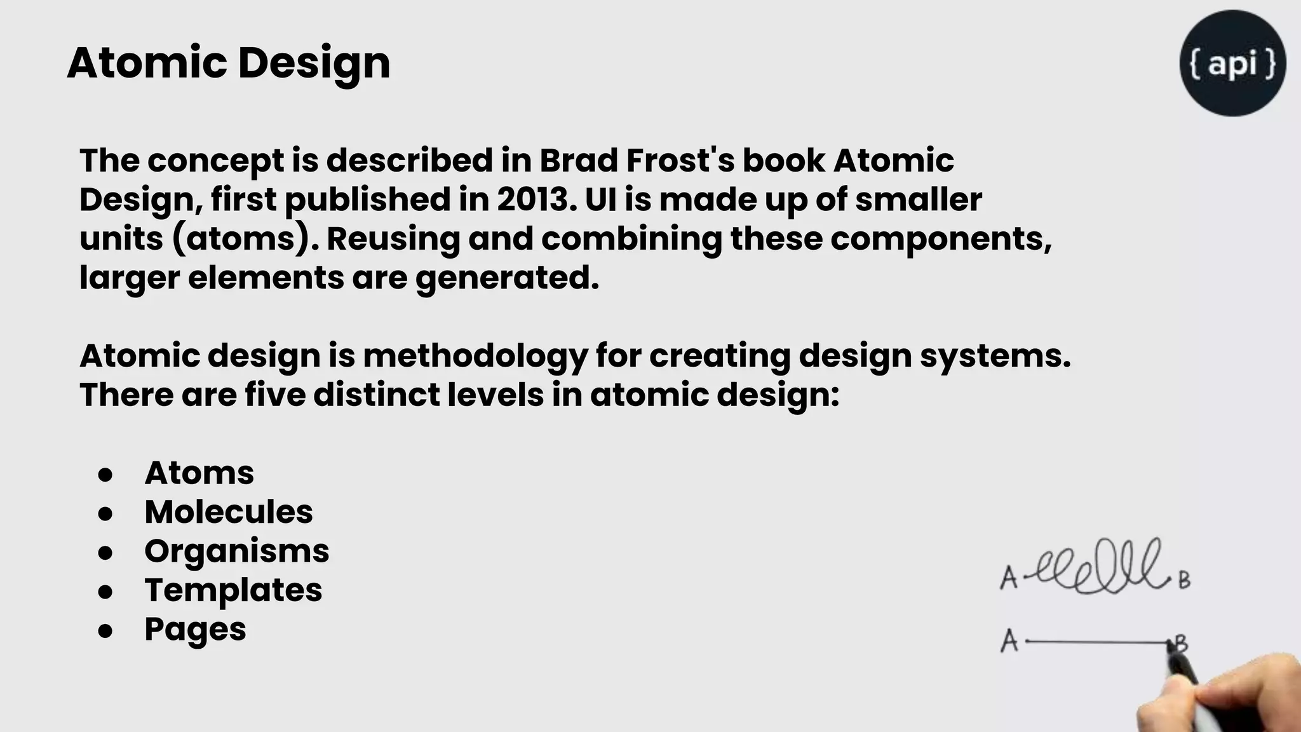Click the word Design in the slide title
314,64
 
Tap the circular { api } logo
1232,63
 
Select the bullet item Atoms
199,473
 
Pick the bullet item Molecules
229,512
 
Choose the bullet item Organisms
236,552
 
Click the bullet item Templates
233,590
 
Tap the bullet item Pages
195,630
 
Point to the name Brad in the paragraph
579,161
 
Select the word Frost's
680,161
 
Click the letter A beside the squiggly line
1008,578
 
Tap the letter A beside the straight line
1009,641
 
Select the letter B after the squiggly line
1184,580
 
